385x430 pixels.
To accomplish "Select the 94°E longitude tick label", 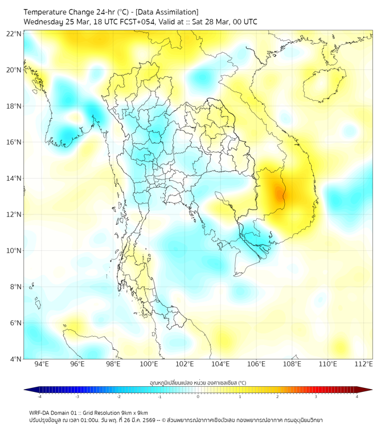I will [42, 364].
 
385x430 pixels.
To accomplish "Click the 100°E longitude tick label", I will [149, 364].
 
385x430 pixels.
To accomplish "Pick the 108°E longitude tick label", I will [292, 364].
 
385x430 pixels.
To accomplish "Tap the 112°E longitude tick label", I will [363, 364].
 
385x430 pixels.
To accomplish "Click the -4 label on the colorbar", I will [39, 396].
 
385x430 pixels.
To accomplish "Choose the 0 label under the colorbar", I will [198, 396].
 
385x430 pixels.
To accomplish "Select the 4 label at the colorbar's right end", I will [357, 396].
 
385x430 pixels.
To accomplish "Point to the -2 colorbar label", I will [118, 396].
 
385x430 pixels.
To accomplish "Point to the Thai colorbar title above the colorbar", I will [198, 382].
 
